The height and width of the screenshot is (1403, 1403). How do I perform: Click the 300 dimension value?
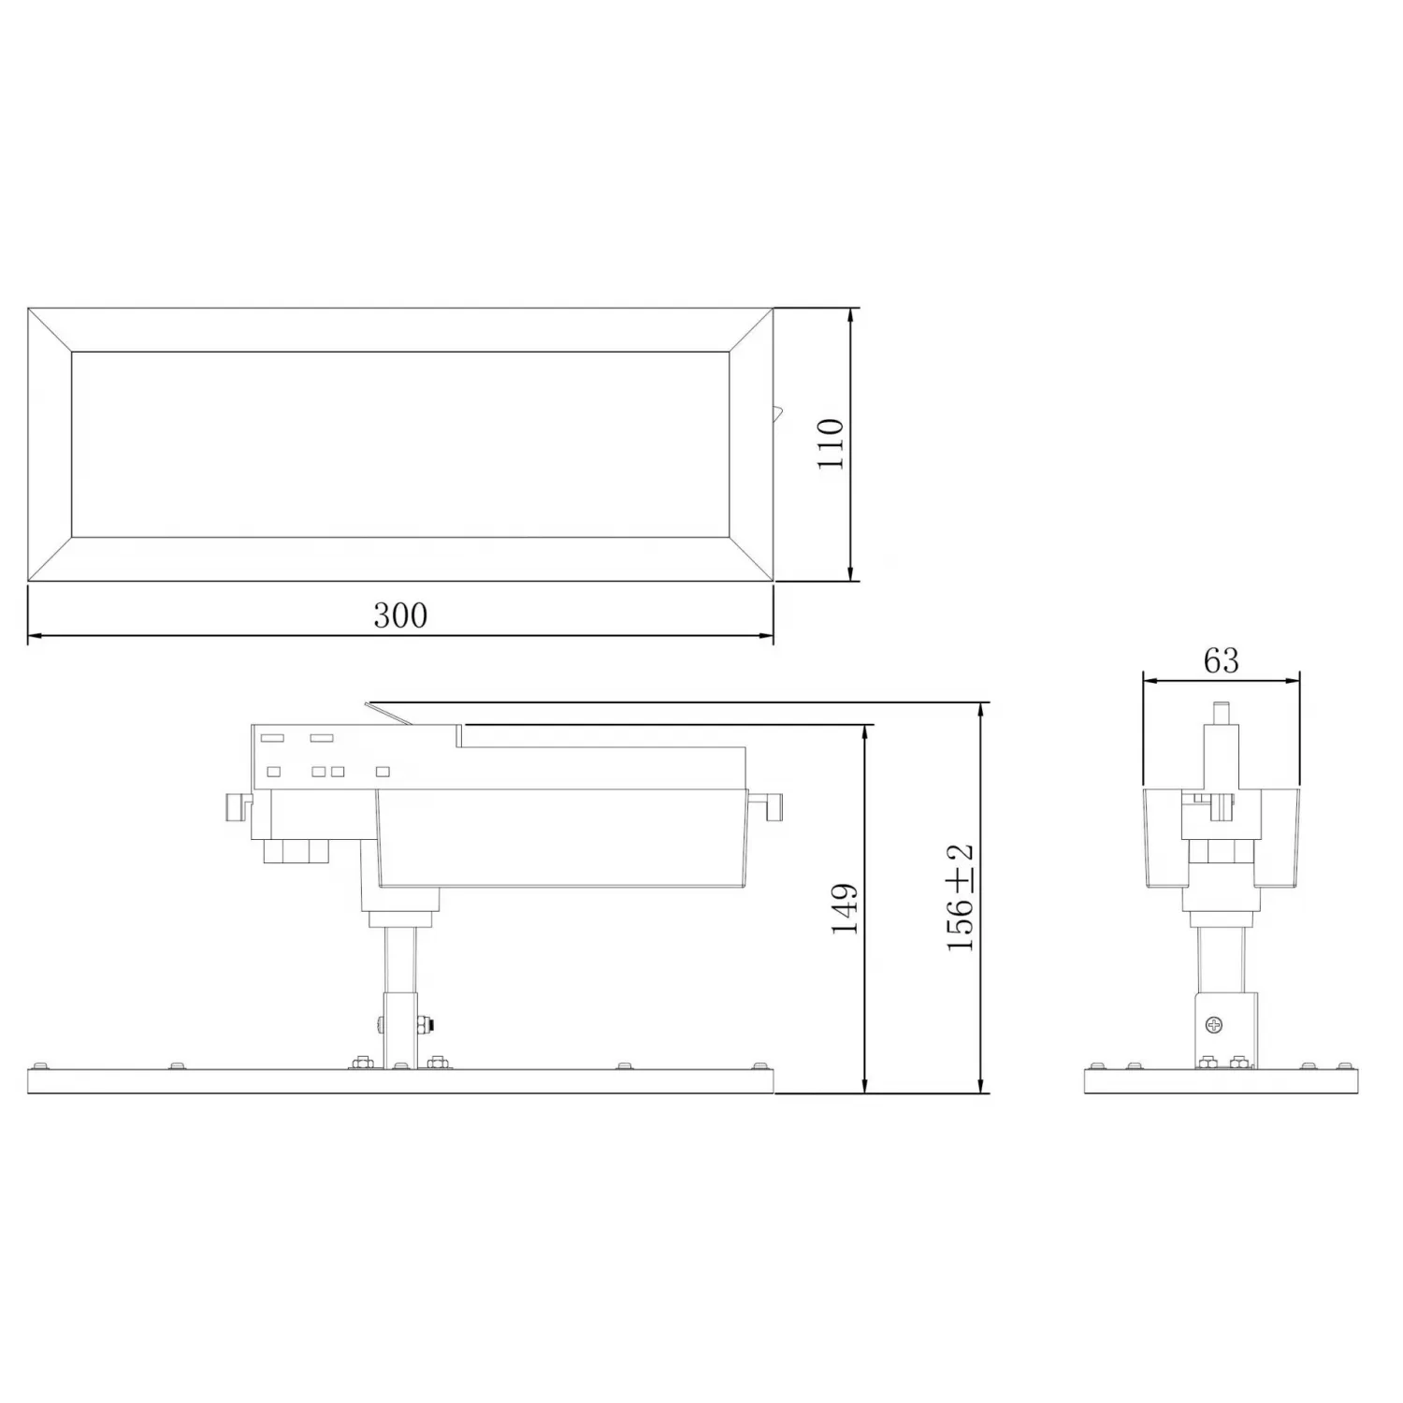tap(400, 615)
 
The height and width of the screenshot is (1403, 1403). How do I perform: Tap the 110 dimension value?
tap(831, 444)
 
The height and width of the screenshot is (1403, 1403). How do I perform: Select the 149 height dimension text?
tap(845, 908)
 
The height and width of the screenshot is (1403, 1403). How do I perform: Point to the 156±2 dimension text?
tap(961, 898)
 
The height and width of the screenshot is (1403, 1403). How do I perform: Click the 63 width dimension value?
tap(1222, 660)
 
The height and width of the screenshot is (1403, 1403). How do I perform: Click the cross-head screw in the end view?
tap(1215, 1024)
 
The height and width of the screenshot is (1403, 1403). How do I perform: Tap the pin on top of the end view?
tap(1221, 712)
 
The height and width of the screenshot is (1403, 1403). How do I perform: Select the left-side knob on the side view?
tap(239, 806)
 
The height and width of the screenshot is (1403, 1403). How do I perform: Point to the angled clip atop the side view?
tap(389, 714)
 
